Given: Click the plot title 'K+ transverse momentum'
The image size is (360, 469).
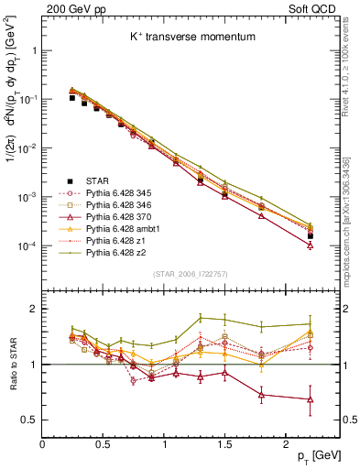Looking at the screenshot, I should click(x=182, y=37).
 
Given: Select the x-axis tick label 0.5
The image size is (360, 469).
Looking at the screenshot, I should click(x=103, y=444).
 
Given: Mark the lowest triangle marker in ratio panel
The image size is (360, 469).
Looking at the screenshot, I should click(x=311, y=399).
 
